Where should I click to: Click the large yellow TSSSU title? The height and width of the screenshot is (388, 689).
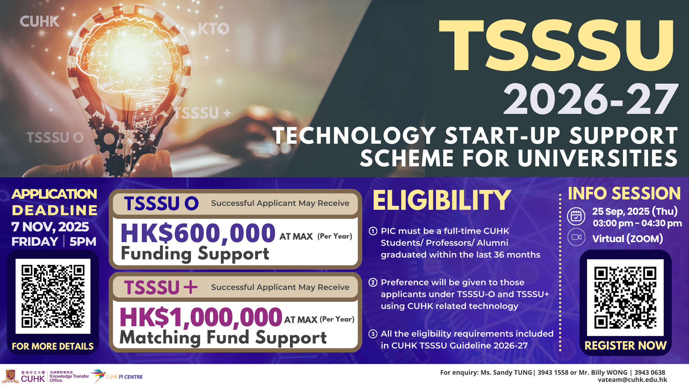(x=557, y=45)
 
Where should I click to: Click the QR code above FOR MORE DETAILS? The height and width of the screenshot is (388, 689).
(x=53, y=296)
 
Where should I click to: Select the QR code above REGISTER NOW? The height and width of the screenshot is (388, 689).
(x=625, y=297)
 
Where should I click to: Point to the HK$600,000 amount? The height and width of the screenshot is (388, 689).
(x=198, y=233)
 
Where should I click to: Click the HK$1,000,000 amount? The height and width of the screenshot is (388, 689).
(x=201, y=317)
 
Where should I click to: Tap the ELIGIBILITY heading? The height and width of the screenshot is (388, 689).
(x=442, y=200)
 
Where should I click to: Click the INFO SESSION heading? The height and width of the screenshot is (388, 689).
(x=624, y=193)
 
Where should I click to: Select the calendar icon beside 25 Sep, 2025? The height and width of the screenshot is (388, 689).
(x=576, y=216)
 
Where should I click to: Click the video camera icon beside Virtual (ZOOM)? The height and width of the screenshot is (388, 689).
(x=576, y=237)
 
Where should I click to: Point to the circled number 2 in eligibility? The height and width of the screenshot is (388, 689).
(x=373, y=282)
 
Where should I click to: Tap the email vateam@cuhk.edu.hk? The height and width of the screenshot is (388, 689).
(x=632, y=380)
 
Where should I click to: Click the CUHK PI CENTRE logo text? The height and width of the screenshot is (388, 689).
(x=124, y=377)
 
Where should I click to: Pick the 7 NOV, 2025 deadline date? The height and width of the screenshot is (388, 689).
(x=50, y=227)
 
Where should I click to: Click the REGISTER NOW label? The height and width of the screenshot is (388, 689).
(x=625, y=346)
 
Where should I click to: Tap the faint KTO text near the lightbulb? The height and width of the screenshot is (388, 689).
(x=214, y=29)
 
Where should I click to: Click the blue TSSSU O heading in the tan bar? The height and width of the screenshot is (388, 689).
(x=161, y=203)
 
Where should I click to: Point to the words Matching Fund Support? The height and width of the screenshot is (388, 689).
(x=223, y=338)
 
